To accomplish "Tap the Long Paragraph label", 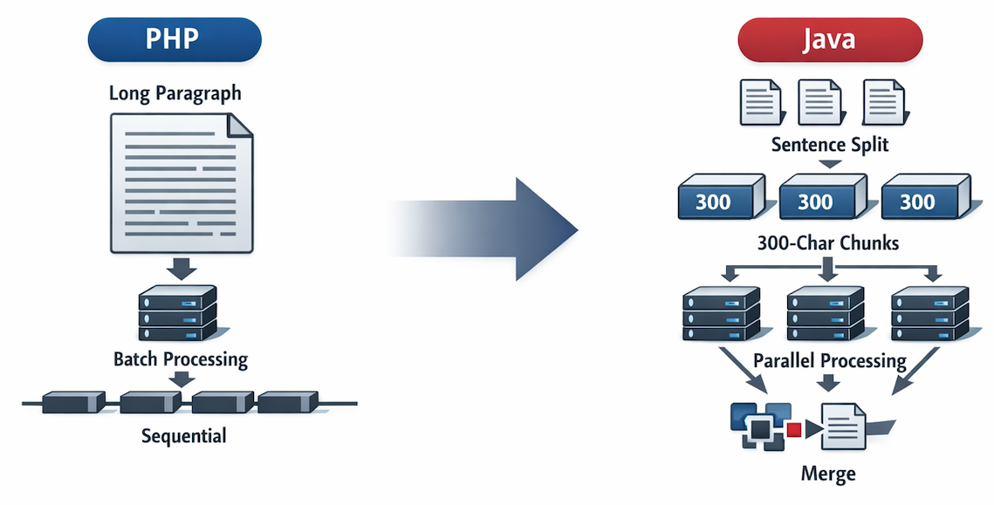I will [x=175, y=92].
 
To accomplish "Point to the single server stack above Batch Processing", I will [x=178, y=313].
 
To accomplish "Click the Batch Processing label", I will [x=181, y=358].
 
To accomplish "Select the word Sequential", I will [x=183, y=435].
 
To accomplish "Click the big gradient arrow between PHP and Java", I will [x=497, y=229].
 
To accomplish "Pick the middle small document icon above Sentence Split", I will [x=818, y=102].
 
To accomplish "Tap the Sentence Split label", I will [x=830, y=144].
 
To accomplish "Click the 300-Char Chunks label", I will [x=829, y=243].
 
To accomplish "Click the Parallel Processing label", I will [x=829, y=360].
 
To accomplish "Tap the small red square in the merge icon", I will [x=793, y=429].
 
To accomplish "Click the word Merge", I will [x=827, y=474].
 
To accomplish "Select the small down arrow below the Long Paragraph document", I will [x=181, y=267].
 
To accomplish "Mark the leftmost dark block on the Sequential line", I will [x=73, y=403].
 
